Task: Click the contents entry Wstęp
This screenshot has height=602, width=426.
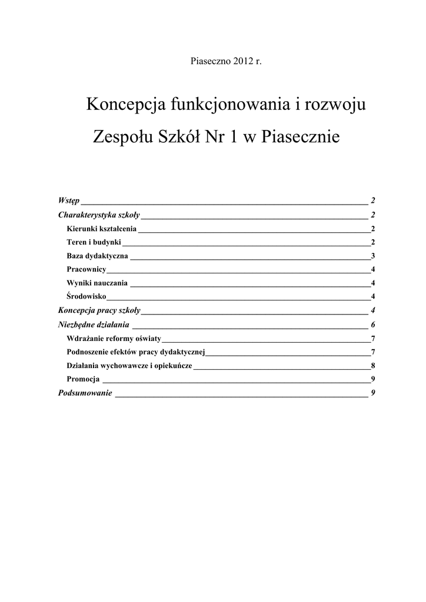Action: pyautogui.click(x=69, y=201)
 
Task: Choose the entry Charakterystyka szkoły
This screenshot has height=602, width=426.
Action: pyautogui.click(x=99, y=215)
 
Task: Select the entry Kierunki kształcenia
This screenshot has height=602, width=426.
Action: pyautogui.click(x=102, y=229)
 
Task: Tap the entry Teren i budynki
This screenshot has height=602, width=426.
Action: pyautogui.click(x=94, y=242)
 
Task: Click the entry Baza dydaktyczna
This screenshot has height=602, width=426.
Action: pyautogui.click(x=98, y=256)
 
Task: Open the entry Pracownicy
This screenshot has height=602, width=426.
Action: pyautogui.click(x=86, y=269)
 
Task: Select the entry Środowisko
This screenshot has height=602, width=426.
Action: pyautogui.click(x=87, y=296)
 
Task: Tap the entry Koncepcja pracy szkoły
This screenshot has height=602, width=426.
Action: pyautogui.click(x=99, y=310)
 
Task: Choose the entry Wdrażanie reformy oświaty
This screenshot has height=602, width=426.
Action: pyautogui.click(x=114, y=338)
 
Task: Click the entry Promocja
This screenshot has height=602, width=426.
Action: pyautogui.click(x=84, y=379)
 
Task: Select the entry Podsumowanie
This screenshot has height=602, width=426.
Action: pyautogui.click(x=85, y=393)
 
